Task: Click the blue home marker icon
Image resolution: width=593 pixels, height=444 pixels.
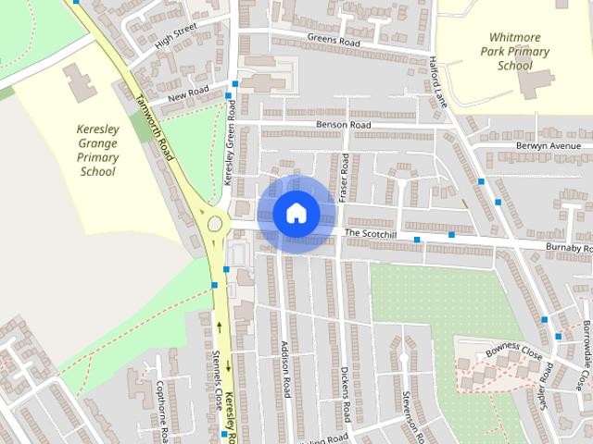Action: pos(296,213)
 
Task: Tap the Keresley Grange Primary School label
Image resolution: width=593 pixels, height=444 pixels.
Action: pos(97,151)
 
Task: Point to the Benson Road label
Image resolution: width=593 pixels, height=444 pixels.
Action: pos(343,125)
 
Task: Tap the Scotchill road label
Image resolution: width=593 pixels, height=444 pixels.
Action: pos(370,233)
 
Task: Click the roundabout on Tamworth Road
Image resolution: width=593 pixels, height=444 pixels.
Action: pos(216,223)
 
